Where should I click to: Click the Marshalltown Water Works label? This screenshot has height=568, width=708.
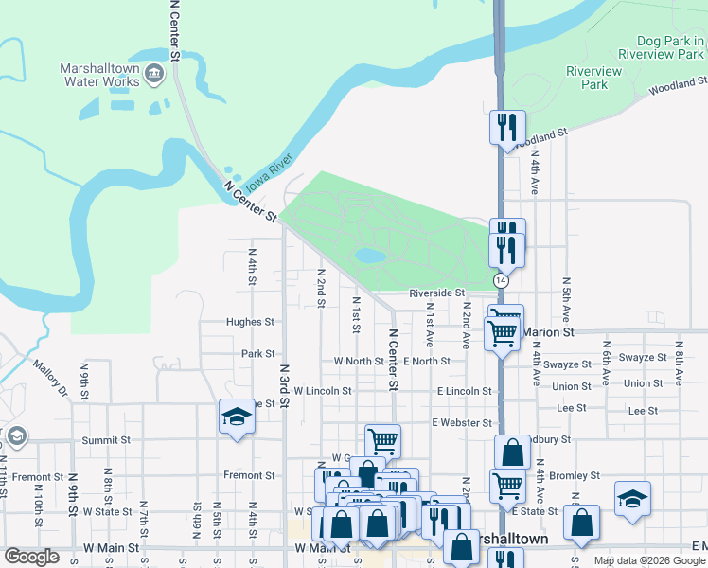pos(99,75)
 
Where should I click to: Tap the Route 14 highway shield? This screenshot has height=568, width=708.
pos(500,281)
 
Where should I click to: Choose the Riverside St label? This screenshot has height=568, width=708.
pos(437,293)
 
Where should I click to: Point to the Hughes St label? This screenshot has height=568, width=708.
pos(250,322)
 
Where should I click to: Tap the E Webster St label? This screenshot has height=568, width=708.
pos(462,422)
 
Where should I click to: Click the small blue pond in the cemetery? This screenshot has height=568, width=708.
pos(369,256)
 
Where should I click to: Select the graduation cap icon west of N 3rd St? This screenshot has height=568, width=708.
pos(237,417)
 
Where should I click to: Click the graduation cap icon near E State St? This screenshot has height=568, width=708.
pos(632,499)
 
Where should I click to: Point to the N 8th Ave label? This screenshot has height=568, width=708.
pos(678,357)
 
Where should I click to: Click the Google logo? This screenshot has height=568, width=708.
pos(31,557)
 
